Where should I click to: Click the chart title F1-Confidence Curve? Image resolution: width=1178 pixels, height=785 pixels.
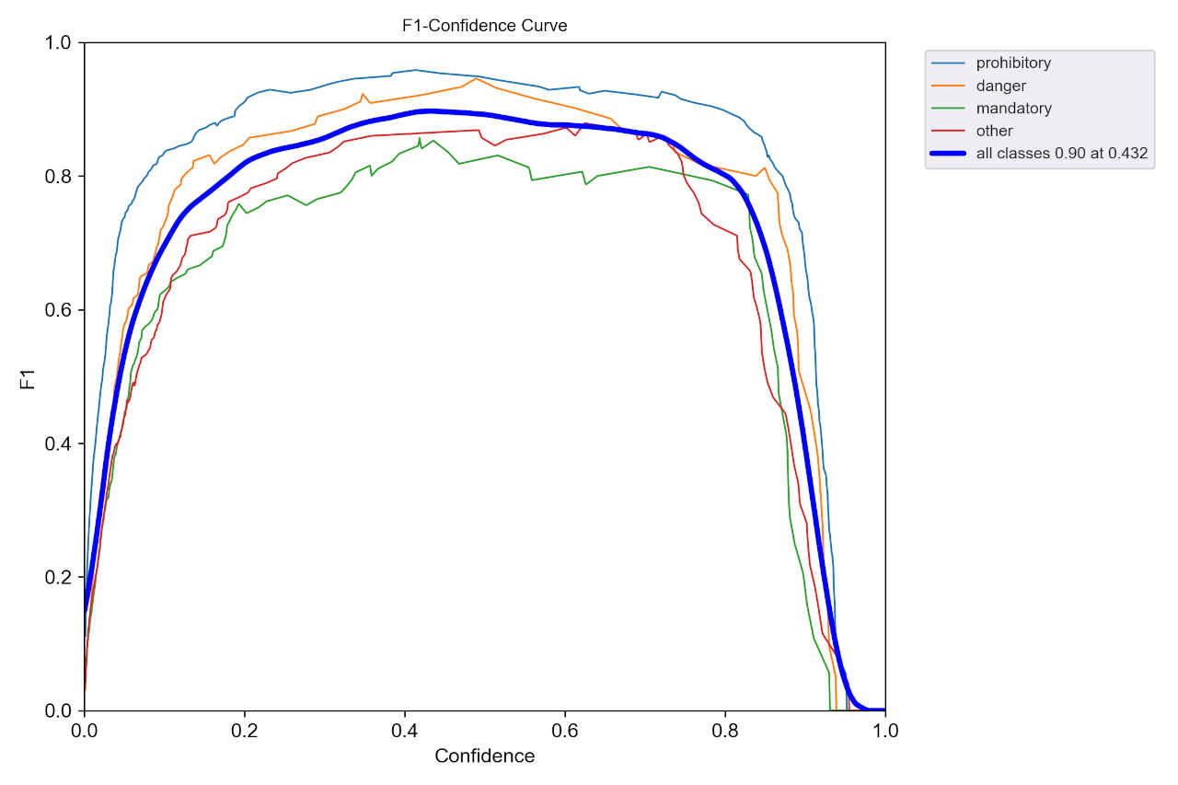point(484,26)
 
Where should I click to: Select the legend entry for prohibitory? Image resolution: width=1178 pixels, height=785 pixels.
point(1013,63)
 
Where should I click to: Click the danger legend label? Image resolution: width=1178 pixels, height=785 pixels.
point(1000,86)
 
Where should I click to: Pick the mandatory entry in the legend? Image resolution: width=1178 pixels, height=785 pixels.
point(1013,109)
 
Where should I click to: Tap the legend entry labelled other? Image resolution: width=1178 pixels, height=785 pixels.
point(994,131)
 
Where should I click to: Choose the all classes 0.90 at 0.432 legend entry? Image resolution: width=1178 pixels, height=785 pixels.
point(1061,154)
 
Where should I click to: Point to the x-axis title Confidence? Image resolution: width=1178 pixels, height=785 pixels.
point(484,756)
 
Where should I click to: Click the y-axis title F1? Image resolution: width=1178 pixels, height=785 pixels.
point(29,378)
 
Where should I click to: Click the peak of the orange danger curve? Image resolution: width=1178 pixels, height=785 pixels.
point(475,79)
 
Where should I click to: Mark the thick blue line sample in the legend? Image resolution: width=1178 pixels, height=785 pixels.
point(949,154)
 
